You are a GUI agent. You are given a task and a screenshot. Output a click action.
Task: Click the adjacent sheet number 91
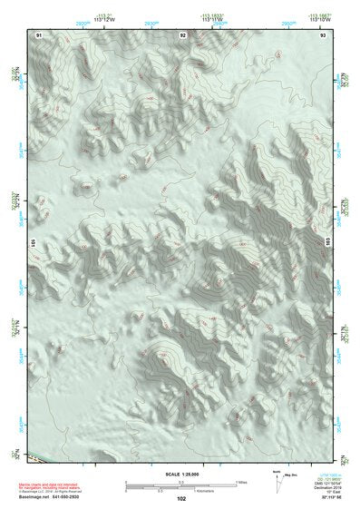(39, 34)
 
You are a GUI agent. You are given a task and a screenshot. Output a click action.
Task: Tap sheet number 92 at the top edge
(182, 34)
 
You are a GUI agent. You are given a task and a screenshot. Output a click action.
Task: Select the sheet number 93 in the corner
(322, 34)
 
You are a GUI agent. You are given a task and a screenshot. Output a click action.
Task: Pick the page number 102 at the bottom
(182, 498)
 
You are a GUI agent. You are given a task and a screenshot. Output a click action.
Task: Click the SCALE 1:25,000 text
(182, 474)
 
